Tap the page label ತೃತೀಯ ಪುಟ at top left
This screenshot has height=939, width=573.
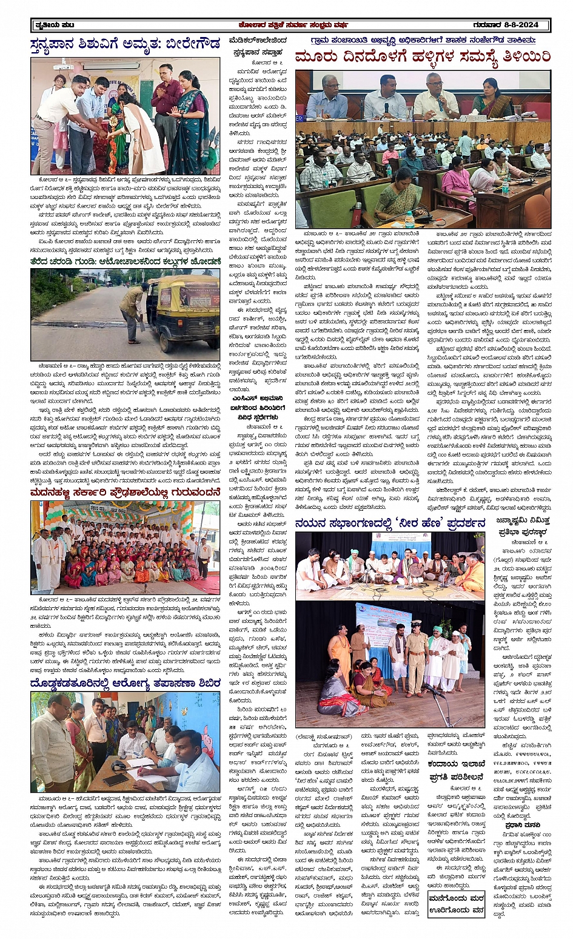point(53,25)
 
